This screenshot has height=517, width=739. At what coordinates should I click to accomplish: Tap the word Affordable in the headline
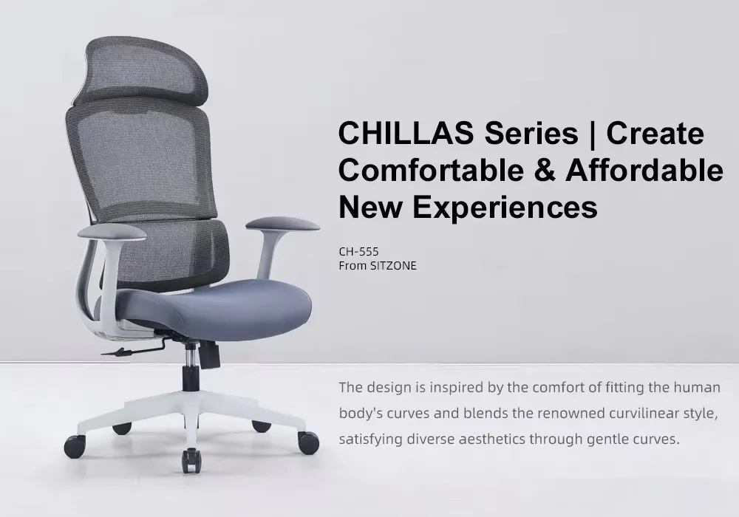644,171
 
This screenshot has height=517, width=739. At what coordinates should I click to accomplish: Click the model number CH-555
358,251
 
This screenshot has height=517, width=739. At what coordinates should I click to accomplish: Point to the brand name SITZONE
393,266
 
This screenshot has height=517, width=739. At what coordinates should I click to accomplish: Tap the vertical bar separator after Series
591,134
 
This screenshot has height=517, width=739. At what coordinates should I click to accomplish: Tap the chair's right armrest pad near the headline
282,222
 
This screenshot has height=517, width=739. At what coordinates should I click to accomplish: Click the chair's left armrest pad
112,232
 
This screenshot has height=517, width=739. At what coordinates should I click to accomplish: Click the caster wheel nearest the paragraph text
308,442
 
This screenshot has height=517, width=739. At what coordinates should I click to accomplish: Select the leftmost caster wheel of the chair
75,445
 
